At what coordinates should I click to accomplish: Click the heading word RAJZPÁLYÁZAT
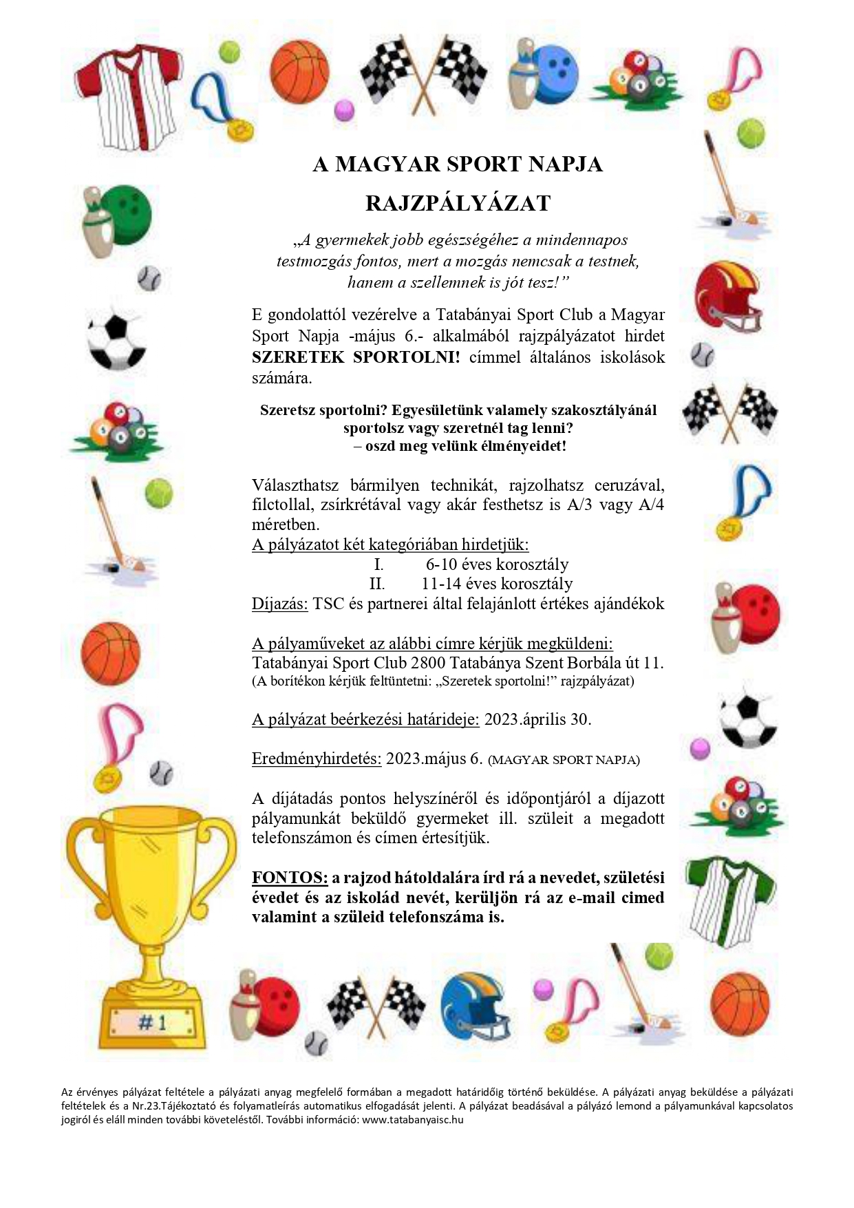458,203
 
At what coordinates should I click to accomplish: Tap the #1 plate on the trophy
153,1022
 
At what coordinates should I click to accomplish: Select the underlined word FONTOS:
290,878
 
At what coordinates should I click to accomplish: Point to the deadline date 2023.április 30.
537,719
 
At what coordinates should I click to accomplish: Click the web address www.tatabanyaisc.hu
412,1119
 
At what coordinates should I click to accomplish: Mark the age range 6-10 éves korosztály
497,564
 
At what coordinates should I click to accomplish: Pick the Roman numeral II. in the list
377,584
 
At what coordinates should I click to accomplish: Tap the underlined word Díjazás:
280,604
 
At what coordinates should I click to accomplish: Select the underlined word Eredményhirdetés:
317,759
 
